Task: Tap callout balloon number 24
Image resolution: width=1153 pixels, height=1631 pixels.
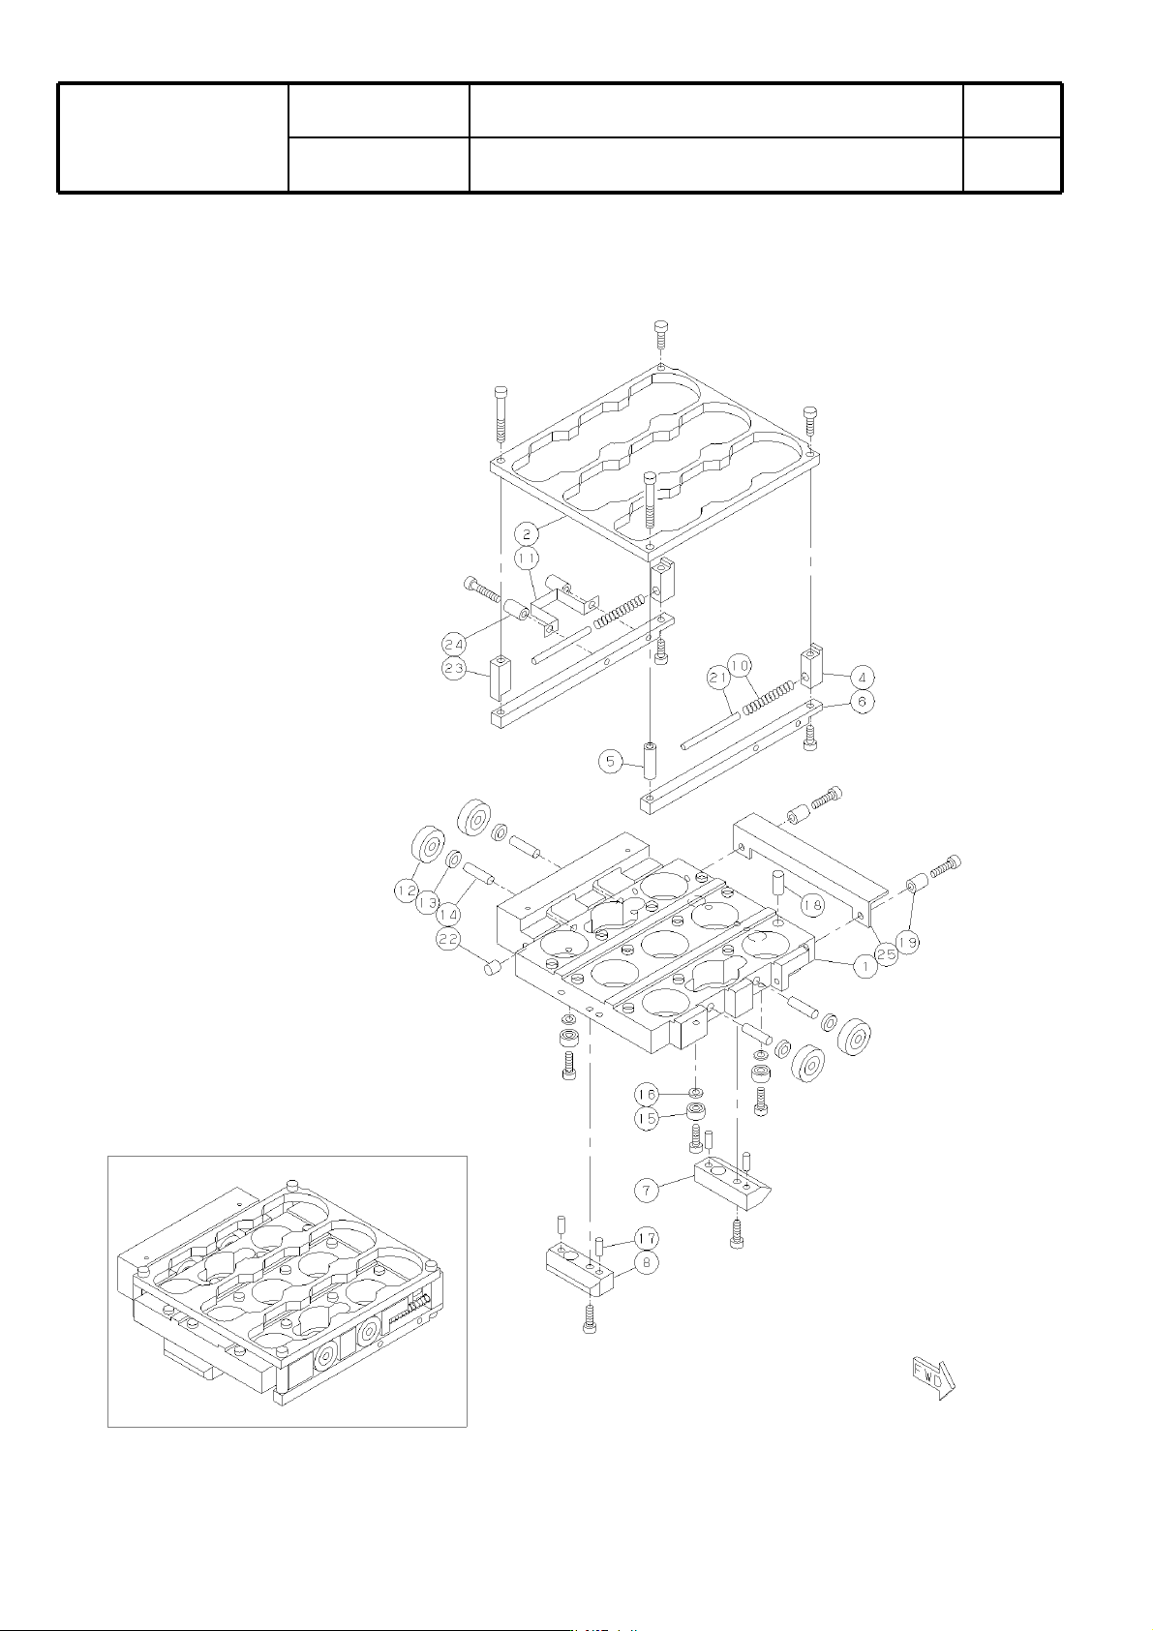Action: tap(454, 644)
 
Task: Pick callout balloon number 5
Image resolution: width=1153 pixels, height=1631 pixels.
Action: tap(611, 763)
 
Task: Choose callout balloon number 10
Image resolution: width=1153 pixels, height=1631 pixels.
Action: tap(739, 666)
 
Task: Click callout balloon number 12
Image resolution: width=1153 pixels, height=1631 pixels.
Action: tap(408, 889)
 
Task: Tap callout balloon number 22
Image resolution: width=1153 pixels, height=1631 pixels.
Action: tap(448, 939)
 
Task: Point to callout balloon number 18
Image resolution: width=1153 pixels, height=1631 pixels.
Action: tap(812, 905)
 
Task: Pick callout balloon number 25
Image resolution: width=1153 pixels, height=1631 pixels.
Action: tap(886, 955)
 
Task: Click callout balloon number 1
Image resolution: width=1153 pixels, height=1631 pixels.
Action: tap(864, 967)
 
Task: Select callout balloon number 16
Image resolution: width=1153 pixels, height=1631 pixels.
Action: tap(646, 1095)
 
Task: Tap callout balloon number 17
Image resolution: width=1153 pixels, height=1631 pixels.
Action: tap(646, 1238)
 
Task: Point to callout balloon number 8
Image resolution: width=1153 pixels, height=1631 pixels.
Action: tap(646, 1262)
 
